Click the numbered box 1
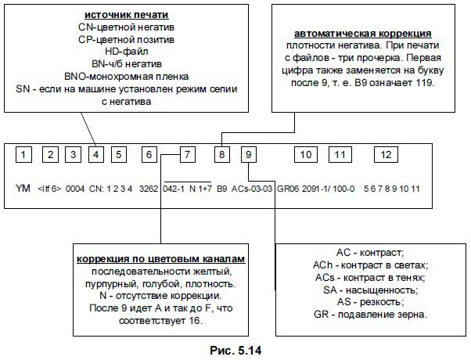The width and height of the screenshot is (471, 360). (x=24, y=155)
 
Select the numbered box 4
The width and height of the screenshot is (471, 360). (x=95, y=155)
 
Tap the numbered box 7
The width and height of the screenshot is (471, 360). (x=187, y=155)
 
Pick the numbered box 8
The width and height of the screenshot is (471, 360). (x=223, y=155)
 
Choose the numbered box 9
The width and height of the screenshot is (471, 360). (x=248, y=155)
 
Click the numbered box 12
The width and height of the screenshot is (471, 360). (x=385, y=155)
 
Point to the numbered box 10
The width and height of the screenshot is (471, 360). (x=306, y=155)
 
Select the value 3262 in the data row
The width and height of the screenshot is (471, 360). (x=149, y=189)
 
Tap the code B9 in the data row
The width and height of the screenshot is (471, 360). (x=221, y=189)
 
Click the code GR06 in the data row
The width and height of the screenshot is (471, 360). (x=289, y=189)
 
